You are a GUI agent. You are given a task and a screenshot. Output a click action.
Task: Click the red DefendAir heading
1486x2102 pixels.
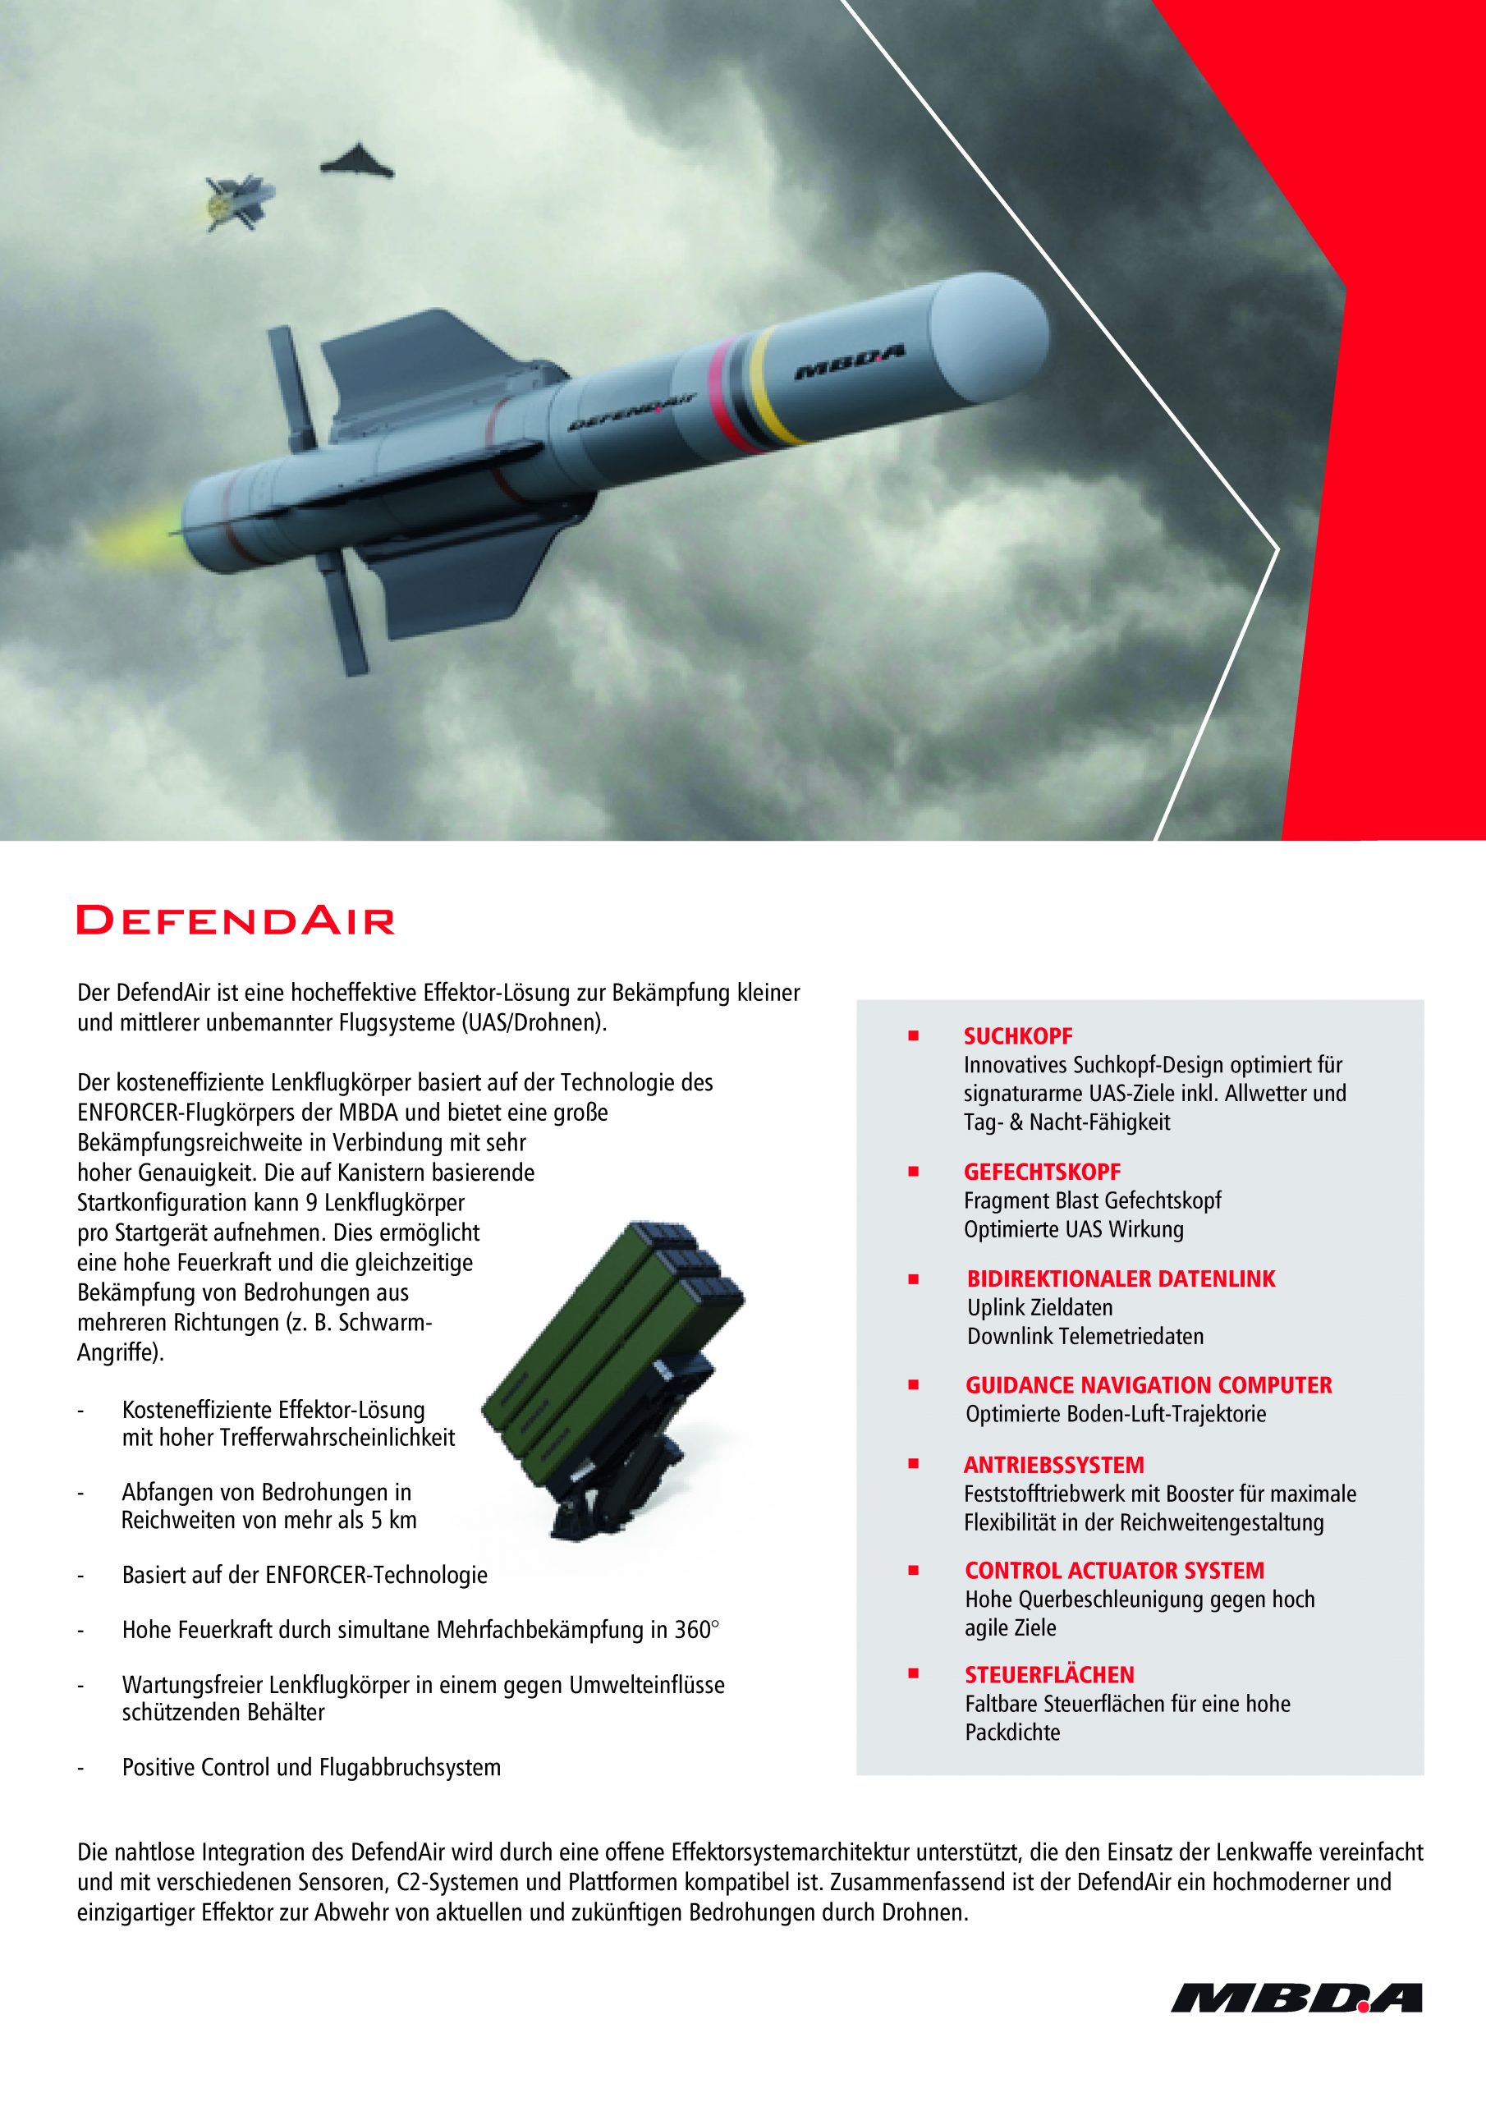(x=236, y=920)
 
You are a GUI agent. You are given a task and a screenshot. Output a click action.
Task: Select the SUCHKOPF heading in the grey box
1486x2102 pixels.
(x=1017, y=1036)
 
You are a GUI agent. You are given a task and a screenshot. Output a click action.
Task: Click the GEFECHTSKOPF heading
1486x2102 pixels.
(x=1042, y=1172)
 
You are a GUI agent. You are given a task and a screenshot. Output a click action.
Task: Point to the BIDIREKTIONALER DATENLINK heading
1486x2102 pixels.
(x=1121, y=1279)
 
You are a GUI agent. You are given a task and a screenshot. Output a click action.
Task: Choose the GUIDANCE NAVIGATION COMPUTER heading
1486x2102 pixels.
(x=1148, y=1385)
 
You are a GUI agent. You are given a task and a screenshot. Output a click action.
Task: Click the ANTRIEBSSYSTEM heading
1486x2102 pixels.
(x=1054, y=1466)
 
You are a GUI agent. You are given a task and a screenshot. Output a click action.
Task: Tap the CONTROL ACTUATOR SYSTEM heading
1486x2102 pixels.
(x=1113, y=1571)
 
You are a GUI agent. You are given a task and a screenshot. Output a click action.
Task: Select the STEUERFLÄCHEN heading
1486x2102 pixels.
(x=1049, y=1675)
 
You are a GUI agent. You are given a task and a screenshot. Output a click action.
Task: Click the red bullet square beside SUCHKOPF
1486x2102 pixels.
(x=912, y=1036)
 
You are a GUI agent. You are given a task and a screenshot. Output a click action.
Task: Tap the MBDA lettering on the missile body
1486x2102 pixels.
(x=850, y=365)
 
